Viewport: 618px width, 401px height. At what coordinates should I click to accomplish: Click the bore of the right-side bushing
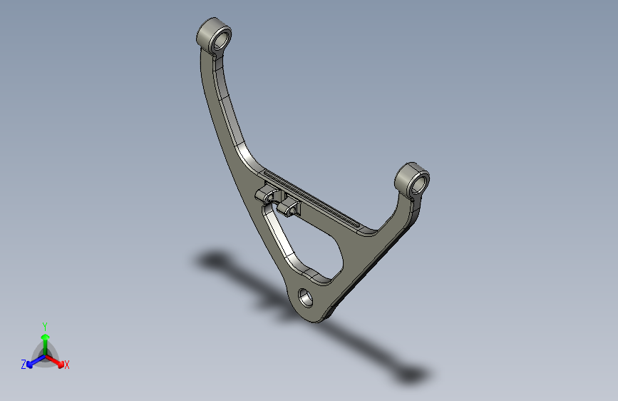(x=420, y=183)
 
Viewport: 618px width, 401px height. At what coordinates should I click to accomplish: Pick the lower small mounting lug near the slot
(x=289, y=208)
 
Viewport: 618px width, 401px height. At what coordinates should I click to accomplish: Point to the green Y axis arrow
(x=45, y=338)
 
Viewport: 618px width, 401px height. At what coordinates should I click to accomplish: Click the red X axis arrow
(x=56, y=361)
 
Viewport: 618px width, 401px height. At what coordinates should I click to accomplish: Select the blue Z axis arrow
(x=33, y=362)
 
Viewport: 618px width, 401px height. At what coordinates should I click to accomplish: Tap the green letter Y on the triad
(x=45, y=325)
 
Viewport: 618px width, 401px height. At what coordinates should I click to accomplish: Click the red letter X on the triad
(x=67, y=365)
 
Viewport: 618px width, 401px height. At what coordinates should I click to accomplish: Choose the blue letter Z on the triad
(x=24, y=365)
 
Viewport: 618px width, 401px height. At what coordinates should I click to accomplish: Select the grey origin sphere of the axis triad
(x=44, y=354)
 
